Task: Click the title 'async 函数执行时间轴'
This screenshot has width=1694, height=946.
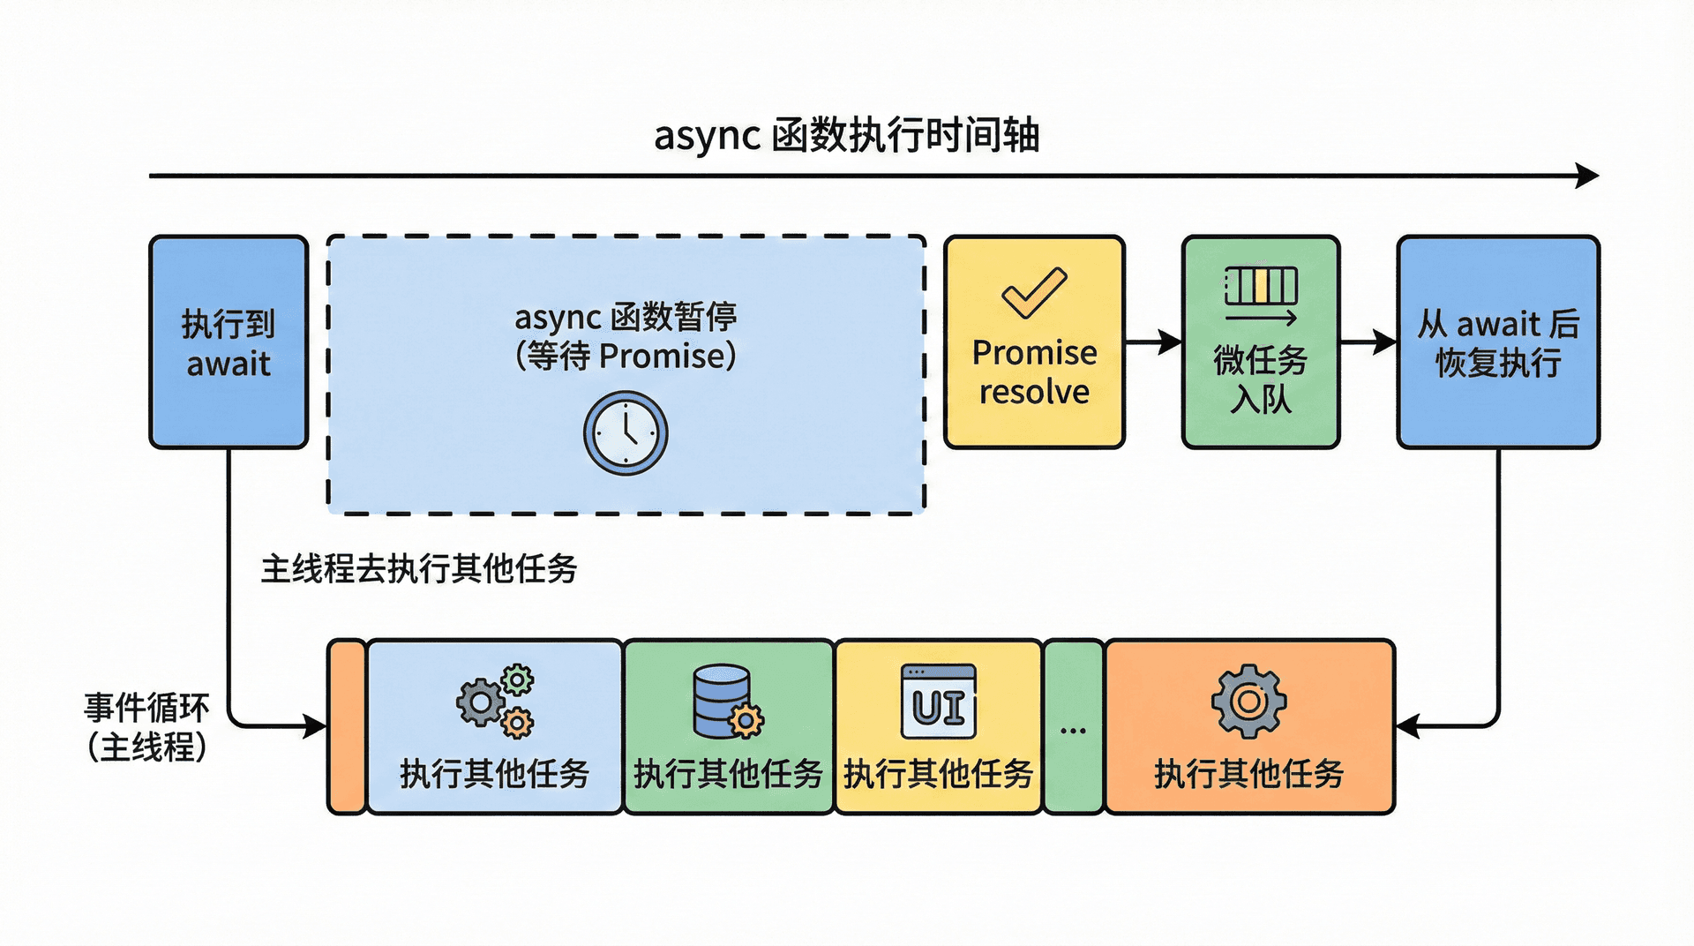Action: click(846, 136)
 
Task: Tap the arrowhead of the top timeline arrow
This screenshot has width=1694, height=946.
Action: click(1588, 176)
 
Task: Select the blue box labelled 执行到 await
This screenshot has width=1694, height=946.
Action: click(229, 342)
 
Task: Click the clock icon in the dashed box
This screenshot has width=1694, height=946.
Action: click(626, 433)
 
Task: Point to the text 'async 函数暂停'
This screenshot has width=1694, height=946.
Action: click(626, 317)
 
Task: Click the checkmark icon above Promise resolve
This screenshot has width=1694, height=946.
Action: click(1034, 292)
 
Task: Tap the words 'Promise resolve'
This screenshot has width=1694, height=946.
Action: click(1034, 372)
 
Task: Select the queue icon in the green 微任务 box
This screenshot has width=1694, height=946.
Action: click(1261, 296)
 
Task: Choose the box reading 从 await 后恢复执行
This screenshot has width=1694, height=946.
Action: click(1498, 342)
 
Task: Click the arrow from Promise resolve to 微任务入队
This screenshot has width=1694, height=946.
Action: click(1153, 342)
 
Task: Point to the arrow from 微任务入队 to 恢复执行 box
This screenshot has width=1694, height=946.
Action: click(1368, 342)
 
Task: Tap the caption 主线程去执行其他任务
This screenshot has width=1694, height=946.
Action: click(419, 569)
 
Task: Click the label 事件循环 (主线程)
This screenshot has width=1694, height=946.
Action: click(146, 727)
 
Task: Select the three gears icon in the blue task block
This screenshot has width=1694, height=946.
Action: click(496, 701)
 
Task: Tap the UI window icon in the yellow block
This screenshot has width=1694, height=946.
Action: click(938, 702)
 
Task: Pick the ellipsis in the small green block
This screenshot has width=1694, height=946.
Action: click(1073, 731)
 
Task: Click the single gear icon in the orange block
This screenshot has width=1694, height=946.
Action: click(1248, 702)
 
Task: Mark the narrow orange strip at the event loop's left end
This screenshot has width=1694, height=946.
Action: click(347, 727)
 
